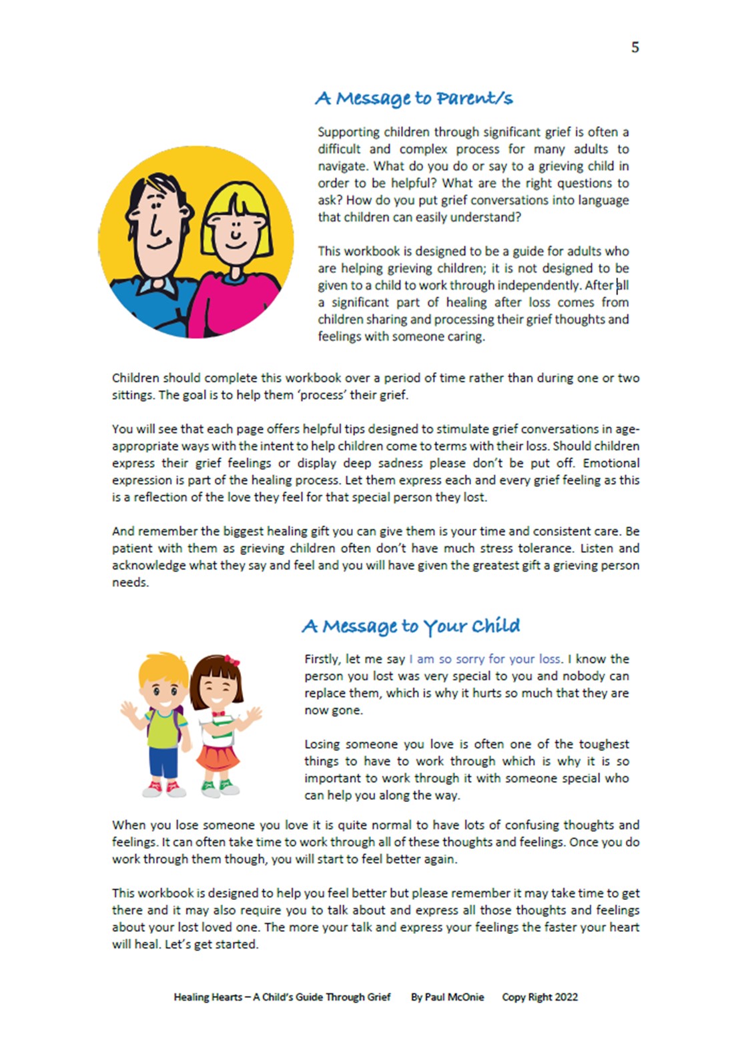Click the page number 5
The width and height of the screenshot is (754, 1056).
coord(635,47)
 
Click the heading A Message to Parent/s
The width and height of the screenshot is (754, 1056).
coord(414,99)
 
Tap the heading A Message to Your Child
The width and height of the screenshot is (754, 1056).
coord(410,626)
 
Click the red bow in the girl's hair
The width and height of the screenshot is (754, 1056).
coord(232,660)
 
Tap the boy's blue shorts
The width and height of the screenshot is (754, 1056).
coord(163,761)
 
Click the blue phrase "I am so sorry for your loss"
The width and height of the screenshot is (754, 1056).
coord(485,659)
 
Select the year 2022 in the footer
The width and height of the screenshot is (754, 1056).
coord(566,997)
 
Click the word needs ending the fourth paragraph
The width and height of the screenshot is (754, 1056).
coord(130,582)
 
